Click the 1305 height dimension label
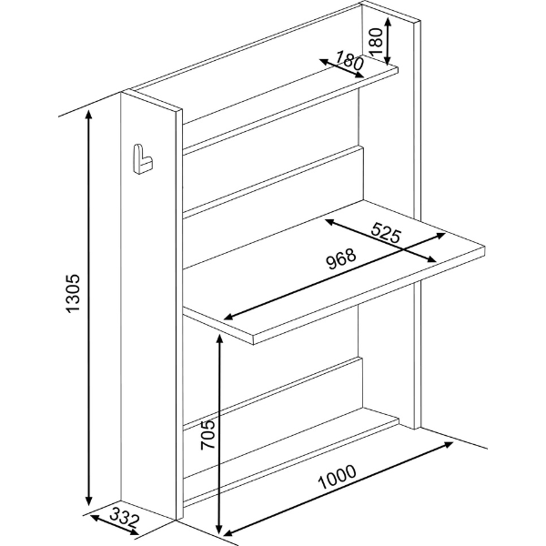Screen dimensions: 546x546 pos(73,294)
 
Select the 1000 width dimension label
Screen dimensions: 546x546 pos(337,476)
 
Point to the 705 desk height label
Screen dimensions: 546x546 pos(208,435)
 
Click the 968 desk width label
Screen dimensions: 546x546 pos(341,258)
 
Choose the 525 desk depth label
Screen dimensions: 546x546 pos(386,232)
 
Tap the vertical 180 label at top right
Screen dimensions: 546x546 pos(376,42)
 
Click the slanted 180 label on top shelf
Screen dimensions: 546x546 pos(349,60)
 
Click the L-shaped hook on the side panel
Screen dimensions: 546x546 pos(143,158)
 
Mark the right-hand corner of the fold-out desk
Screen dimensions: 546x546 pos(484,247)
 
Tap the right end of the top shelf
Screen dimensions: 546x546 pos(398,69)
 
